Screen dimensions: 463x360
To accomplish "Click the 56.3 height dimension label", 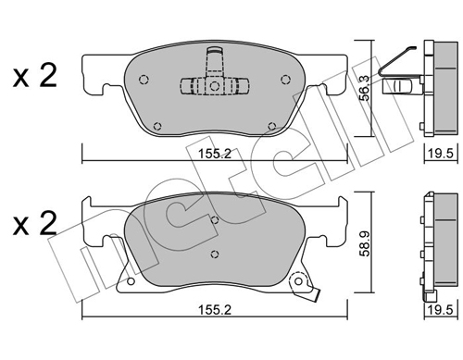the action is coord(366,88).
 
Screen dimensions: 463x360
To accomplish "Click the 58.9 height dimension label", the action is coord(366,243).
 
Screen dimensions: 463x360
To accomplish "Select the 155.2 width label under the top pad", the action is coord(214,154).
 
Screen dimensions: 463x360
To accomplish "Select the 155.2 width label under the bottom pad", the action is coord(214,310).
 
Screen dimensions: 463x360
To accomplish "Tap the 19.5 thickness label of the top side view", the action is coord(440,154).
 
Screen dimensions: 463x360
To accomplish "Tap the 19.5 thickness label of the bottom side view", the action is coord(440,310).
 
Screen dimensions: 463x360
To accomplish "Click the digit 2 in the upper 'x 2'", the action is coord(48,75).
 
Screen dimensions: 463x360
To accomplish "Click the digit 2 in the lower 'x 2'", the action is coord(48,223).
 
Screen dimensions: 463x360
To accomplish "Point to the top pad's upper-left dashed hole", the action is coord(144,80).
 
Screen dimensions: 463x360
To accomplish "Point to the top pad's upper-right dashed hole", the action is coord(285,80).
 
